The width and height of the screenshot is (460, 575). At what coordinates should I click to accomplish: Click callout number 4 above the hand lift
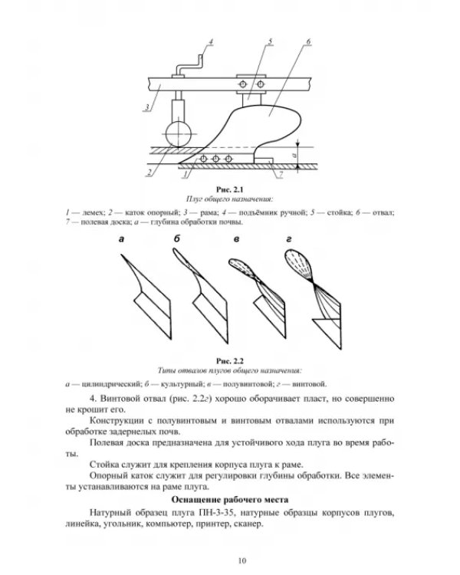[x=211, y=42]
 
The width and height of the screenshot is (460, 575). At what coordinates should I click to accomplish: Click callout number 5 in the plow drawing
[x=271, y=41]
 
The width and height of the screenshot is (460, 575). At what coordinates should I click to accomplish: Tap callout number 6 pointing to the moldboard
[x=308, y=41]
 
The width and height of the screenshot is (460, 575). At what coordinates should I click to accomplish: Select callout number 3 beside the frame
[x=146, y=107]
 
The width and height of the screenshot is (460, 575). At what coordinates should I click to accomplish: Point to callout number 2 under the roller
[x=149, y=172]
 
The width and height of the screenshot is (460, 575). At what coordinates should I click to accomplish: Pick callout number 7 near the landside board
[x=281, y=175]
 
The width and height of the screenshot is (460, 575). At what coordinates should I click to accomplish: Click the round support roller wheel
[x=179, y=134]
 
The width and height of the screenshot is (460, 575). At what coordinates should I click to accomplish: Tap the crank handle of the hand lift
[x=189, y=66]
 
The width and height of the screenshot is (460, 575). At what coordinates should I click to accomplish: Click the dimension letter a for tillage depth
[x=294, y=156]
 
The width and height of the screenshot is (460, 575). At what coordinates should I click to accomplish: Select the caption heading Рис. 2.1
[x=230, y=189]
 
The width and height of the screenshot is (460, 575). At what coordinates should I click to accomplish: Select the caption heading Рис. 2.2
[x=230, y=361]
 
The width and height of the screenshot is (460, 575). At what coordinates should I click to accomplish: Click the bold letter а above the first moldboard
[x=121, y=239]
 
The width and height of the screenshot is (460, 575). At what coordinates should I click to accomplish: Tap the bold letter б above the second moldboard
[x=177, y=238]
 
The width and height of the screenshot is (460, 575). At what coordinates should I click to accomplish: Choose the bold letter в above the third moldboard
[x=236, y=239]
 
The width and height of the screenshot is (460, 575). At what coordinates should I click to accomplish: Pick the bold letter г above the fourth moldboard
[x=289, y=239]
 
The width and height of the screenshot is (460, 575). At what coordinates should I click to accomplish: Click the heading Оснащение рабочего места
[x=230, y=500]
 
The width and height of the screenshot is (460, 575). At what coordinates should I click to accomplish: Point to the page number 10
[x=242, y=560]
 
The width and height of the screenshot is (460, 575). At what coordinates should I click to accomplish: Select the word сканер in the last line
[x=248, y=524]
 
